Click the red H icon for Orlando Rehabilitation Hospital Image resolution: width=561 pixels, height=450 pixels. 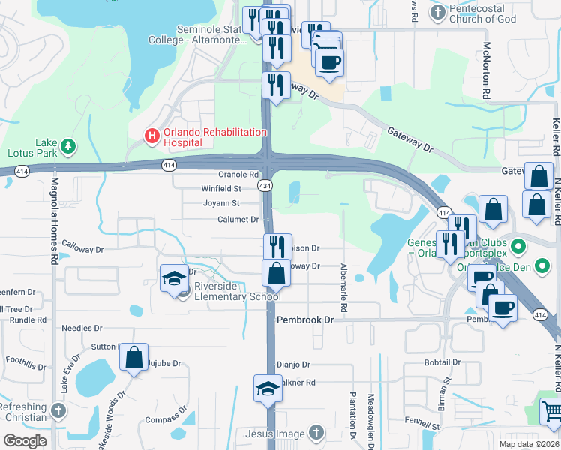point(151,136)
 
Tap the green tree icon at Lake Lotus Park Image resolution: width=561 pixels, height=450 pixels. point(68,145)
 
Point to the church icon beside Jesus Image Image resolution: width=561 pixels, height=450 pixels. point(316,433)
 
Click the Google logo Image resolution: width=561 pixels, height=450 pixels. point(25,441)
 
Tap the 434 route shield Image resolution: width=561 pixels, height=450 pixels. point(265,184)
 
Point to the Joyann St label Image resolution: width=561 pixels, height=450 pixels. point(221,203)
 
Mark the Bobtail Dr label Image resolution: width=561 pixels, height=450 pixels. point(442,362)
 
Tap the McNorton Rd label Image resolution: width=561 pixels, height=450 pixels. point(486,71)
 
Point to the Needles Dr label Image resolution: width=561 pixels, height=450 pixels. point(82,328)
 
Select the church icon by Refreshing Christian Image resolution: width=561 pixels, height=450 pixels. point(58,412)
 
